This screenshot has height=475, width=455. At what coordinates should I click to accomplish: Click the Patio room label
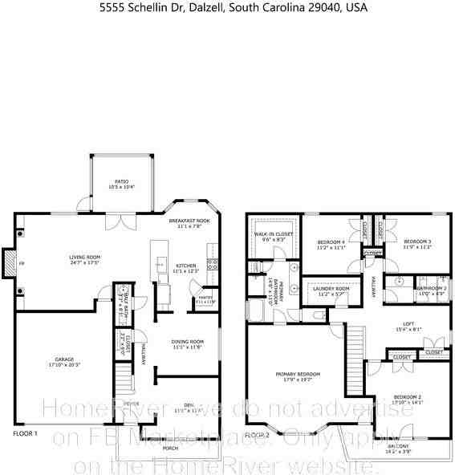tap(122, 183)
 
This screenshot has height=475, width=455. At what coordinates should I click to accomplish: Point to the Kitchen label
tap(185, 267)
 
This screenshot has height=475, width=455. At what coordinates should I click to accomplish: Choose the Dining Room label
tap(187, 343)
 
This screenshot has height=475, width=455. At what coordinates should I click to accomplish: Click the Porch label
tap(170, 448)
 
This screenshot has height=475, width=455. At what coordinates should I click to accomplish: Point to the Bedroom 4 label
tap(331, 243)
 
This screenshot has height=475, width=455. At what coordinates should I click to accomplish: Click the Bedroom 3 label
tap(417, 243)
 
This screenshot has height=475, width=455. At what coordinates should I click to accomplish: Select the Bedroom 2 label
tap(408, 399)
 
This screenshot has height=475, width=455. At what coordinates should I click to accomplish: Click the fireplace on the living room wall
tap(10, 263)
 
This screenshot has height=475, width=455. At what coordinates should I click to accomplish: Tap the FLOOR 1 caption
tap(25, 433)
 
